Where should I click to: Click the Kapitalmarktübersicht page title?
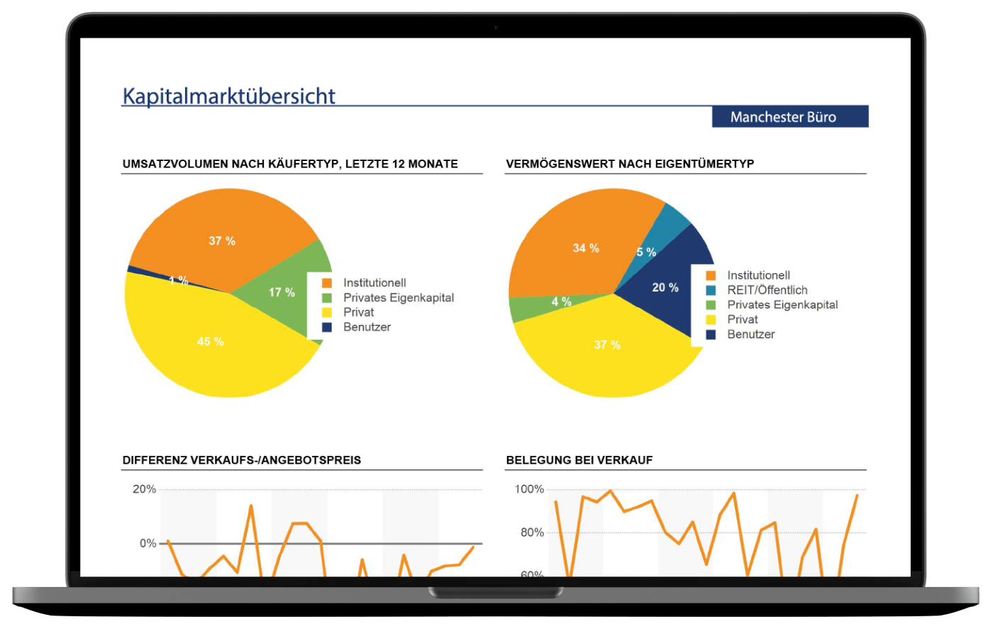point(228,96)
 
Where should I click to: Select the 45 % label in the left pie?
point(211,342)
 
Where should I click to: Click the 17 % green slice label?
point(282,292)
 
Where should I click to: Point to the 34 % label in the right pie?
point(586,248)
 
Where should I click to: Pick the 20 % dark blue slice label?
point(665,287)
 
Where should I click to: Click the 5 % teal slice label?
point(646,252)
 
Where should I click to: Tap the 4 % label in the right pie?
point(562,302)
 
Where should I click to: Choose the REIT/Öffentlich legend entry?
point(767,290)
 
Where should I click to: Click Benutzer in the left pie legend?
point(367,327)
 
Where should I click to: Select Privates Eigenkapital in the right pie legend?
point(782,305)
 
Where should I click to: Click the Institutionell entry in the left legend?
point(375,283)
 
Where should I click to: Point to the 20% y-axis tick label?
point(145,489)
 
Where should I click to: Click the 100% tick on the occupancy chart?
point(529,489)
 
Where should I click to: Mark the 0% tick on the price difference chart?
point(148,543)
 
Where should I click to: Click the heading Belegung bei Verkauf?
point(579,460)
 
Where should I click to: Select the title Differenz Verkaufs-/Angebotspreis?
point(242,460)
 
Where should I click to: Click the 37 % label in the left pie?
point(222,241)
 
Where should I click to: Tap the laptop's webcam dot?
point(496,27)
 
